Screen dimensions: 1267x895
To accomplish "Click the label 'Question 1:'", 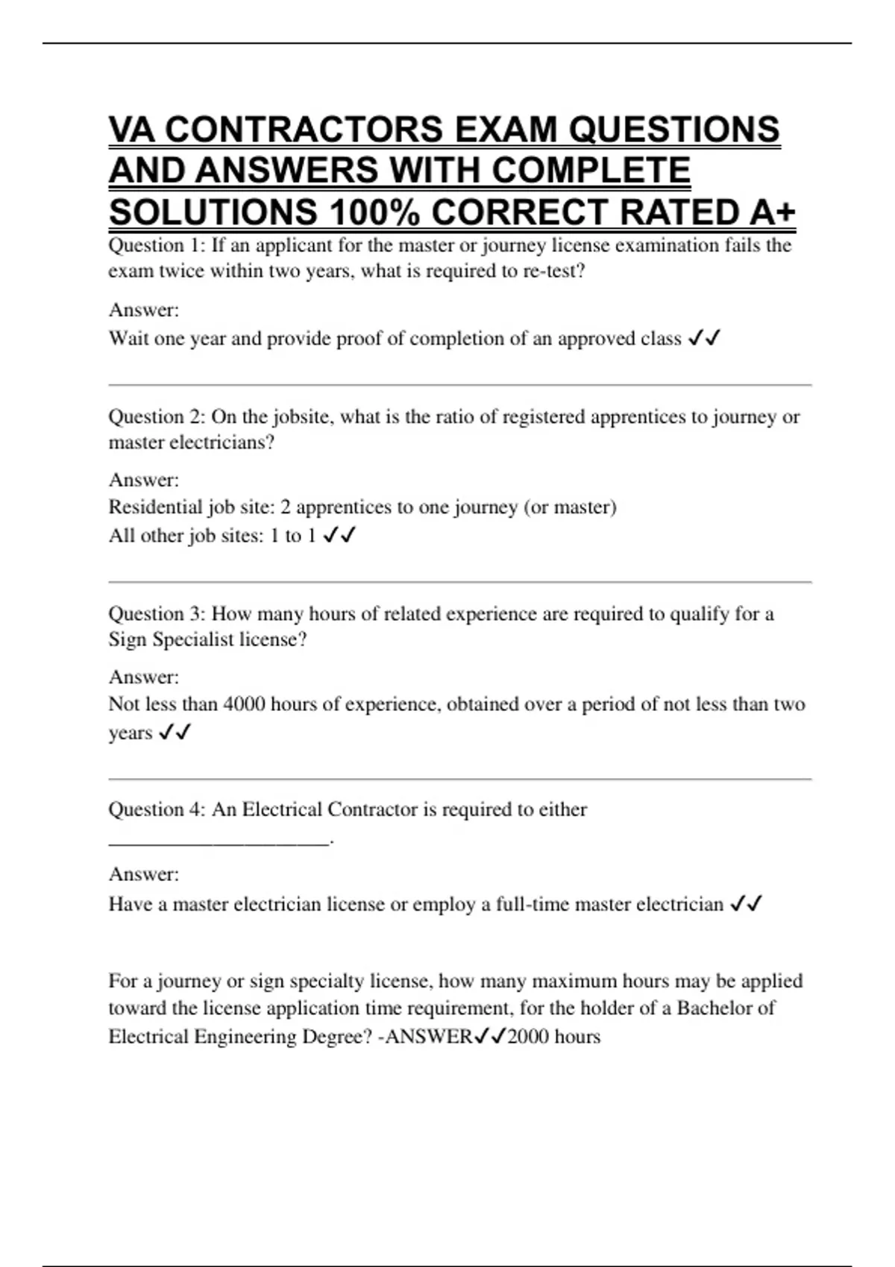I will [157, 245].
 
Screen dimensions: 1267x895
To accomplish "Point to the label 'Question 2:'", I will [157, 417].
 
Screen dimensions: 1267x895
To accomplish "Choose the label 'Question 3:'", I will [157, 613].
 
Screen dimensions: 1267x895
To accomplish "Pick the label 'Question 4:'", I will [157, 809].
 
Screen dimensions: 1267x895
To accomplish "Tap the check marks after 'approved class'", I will [704, 338].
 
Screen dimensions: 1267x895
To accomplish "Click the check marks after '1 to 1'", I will [339, 535].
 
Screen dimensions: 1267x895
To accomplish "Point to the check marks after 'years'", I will [175, 733].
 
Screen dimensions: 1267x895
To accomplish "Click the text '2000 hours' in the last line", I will [553, 1037].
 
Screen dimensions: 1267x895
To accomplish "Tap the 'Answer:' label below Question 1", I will [144, 310].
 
